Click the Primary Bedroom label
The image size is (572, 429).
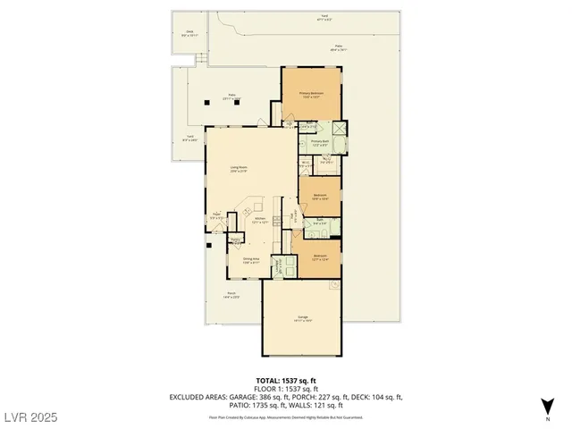[x=311, y=95]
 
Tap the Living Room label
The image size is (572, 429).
[x=239, y=168]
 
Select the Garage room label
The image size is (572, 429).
[x=302, y=318]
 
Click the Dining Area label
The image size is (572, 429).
[x=251, y=261]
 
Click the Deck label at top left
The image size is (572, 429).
[x=189, y=35]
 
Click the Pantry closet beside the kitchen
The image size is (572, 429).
[x=236, y=240]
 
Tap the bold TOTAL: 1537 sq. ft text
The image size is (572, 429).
[x=285, y=380]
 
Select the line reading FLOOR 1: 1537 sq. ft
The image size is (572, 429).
[x=285, y=389]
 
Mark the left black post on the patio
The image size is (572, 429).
[x=207, y=102]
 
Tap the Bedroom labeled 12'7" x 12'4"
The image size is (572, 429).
[x=319, y=257]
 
